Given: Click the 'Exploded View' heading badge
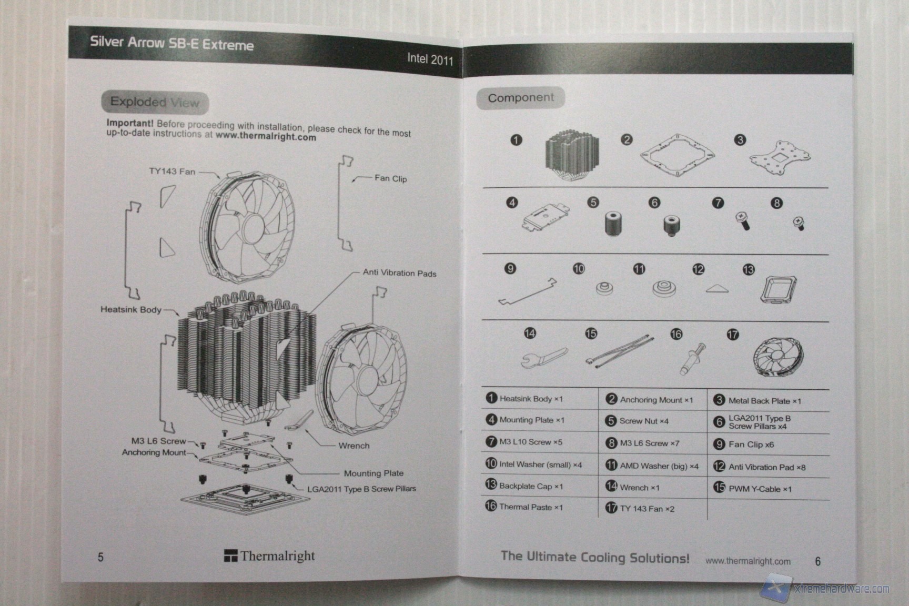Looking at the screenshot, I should [155, 102].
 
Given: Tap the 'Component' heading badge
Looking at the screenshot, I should [520, 98].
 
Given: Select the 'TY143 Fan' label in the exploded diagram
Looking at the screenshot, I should [172, 171].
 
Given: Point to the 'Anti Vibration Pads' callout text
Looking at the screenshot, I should [399, 273].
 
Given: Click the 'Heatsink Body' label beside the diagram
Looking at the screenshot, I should [131, 309].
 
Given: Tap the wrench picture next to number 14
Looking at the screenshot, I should [544, 358].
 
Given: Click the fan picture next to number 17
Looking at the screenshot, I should [777, 356].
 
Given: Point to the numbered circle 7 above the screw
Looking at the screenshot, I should [718, 203].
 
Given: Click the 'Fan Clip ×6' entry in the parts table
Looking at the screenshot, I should [751, 445].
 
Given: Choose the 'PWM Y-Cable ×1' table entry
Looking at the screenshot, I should [760, 489].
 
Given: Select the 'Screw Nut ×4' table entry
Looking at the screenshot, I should [643, 421].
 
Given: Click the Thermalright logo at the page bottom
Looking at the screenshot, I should [269, 556].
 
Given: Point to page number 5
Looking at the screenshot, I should [100, 557].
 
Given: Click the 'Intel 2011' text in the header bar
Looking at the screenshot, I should [430, 59].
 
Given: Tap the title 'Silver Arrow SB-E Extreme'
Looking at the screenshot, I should [171, 43].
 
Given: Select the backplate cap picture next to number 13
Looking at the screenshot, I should [778, 289].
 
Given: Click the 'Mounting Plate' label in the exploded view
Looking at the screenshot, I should [373, 473].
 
